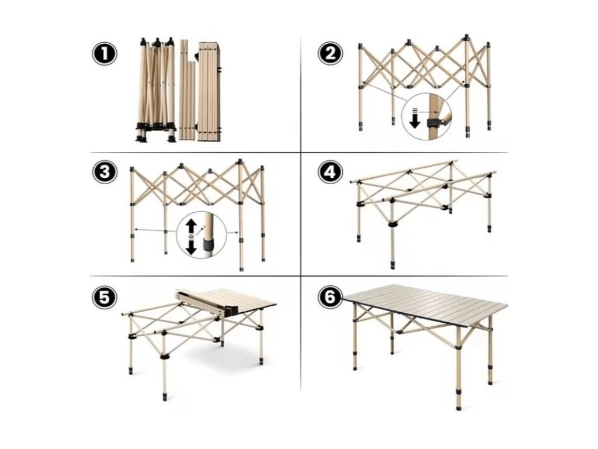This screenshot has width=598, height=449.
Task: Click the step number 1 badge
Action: click(104, 54)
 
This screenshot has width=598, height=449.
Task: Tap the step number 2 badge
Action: click(331, 54)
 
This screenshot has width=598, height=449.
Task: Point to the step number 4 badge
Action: click(331, 171)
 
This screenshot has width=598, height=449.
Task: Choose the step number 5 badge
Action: click(104, 297)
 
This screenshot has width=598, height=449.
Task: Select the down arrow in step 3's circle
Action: click(192, 248)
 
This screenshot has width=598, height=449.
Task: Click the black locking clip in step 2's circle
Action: click(433, 123)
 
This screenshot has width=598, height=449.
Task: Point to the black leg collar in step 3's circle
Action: click(208, 244)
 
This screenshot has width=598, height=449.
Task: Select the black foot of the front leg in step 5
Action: click(165, 396)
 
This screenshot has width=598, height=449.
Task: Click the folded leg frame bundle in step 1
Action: click(156, 89)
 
